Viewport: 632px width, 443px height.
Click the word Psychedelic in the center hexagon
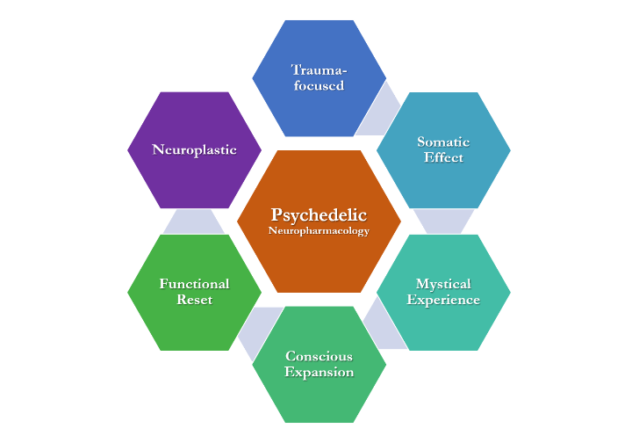pyautogui.click(x=319, y=214)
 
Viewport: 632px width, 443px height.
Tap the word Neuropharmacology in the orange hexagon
pyautogui.click(x=319, y=231)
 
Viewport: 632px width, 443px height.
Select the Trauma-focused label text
pyautogui.click(x=319, y=77)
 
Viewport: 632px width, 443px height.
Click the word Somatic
pyautogui.click(x=443, y=142)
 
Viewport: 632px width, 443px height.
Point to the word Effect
pyautogui.click(x=443, y=157)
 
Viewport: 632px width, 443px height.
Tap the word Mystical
pyautogui.click(x=443, y=284)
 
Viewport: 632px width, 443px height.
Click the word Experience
pyautogui.click(x=443, y=300)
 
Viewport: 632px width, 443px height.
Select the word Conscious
pyautogui.click(x=319, y=356)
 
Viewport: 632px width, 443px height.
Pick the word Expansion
pyautogui.click(x=319, y=372)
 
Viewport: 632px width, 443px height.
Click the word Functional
pyautogui.click(x=194, y=284)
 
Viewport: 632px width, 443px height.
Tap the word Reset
pyautogui.click(x=194, y=300)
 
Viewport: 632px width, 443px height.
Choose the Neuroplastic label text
pyautogui.click(x=194, y=149)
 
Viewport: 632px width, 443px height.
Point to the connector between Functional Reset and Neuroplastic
pyautogui.click(x=194, y=221)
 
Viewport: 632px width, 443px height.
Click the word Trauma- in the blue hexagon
pyautogui.click(x=319, y=69)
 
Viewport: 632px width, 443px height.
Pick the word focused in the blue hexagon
pyautogui.click(x=319, y=86)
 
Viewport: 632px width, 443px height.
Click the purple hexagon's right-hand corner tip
pyautogui.click(x=260, y=149)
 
